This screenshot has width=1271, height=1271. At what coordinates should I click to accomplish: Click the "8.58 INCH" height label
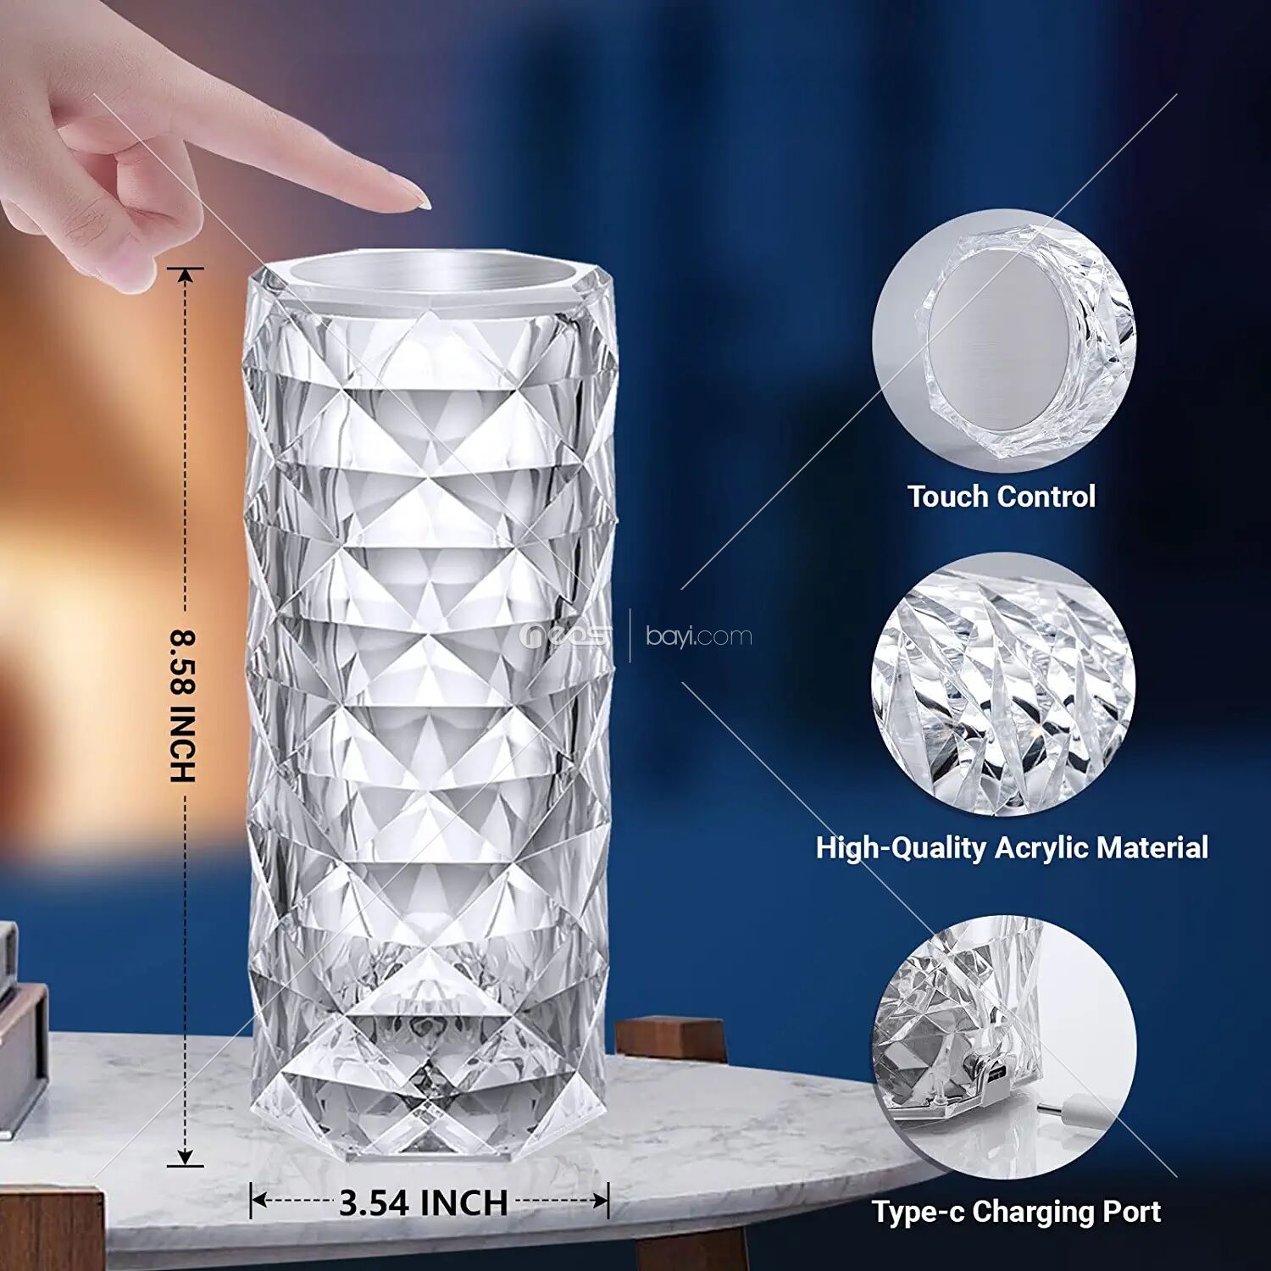183,706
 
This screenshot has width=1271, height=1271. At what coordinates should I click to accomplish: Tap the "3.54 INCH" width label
423,1202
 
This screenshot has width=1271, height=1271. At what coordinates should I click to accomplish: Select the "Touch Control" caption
1002,496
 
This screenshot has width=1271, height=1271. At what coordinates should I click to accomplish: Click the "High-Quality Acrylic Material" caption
1012,847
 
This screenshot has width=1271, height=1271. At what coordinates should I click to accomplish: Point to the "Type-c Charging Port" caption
1016,1212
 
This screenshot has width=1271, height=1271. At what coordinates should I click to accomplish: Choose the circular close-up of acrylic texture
1004,685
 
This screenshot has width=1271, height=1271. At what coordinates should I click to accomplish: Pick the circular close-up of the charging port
1004,1047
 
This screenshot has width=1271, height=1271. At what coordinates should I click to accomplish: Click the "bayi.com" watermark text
699,635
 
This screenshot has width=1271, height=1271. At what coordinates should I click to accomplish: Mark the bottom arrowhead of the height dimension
186,1157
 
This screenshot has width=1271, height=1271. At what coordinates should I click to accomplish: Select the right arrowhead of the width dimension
600,1201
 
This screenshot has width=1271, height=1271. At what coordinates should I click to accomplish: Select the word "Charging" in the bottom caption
1031,1213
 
